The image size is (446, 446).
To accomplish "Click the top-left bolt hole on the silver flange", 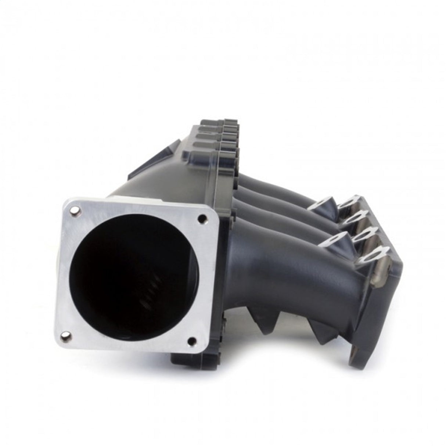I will (x=75, y=210).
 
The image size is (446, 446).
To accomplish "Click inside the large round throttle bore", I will (x=129, y=279).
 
